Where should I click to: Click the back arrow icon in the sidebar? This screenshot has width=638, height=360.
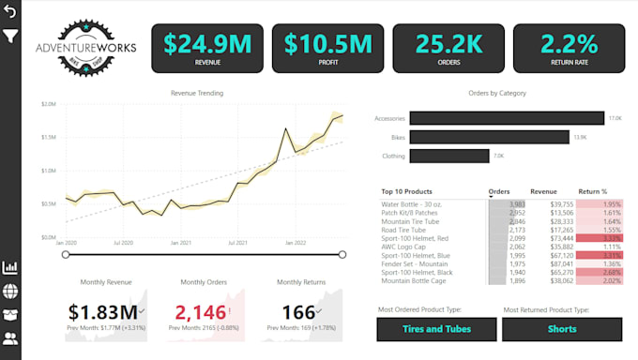(10, 12)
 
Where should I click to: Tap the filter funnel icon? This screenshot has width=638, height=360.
(10, 37)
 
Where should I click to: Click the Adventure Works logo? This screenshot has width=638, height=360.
(85, 46)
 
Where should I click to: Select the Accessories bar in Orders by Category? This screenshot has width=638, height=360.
(507, 118)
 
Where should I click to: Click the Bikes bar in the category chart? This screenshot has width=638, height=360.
(489, 137)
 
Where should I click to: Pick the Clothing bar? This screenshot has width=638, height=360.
(448, 156)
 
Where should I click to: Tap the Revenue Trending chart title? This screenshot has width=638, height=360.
(197, 93)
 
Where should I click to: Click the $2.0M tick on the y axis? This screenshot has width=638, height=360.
(48, 104)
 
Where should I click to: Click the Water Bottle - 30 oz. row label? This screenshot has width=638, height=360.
(411, 203)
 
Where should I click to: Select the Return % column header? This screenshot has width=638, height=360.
(593, 191)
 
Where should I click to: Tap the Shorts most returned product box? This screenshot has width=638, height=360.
(562, 329)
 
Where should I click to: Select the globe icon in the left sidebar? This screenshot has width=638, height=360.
(10, 292)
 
